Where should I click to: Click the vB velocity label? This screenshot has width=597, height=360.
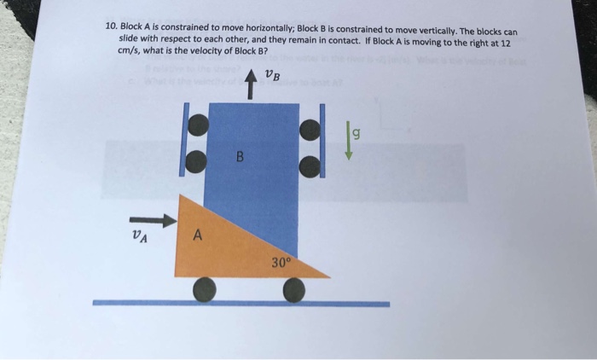click(271, 77)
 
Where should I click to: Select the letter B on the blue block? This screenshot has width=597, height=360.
click(240, 156)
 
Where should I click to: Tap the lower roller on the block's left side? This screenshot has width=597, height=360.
click(197, 160)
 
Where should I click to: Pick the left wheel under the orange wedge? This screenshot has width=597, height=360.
click(205, 290)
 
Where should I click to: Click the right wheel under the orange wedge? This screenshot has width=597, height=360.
click(294, 290)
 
